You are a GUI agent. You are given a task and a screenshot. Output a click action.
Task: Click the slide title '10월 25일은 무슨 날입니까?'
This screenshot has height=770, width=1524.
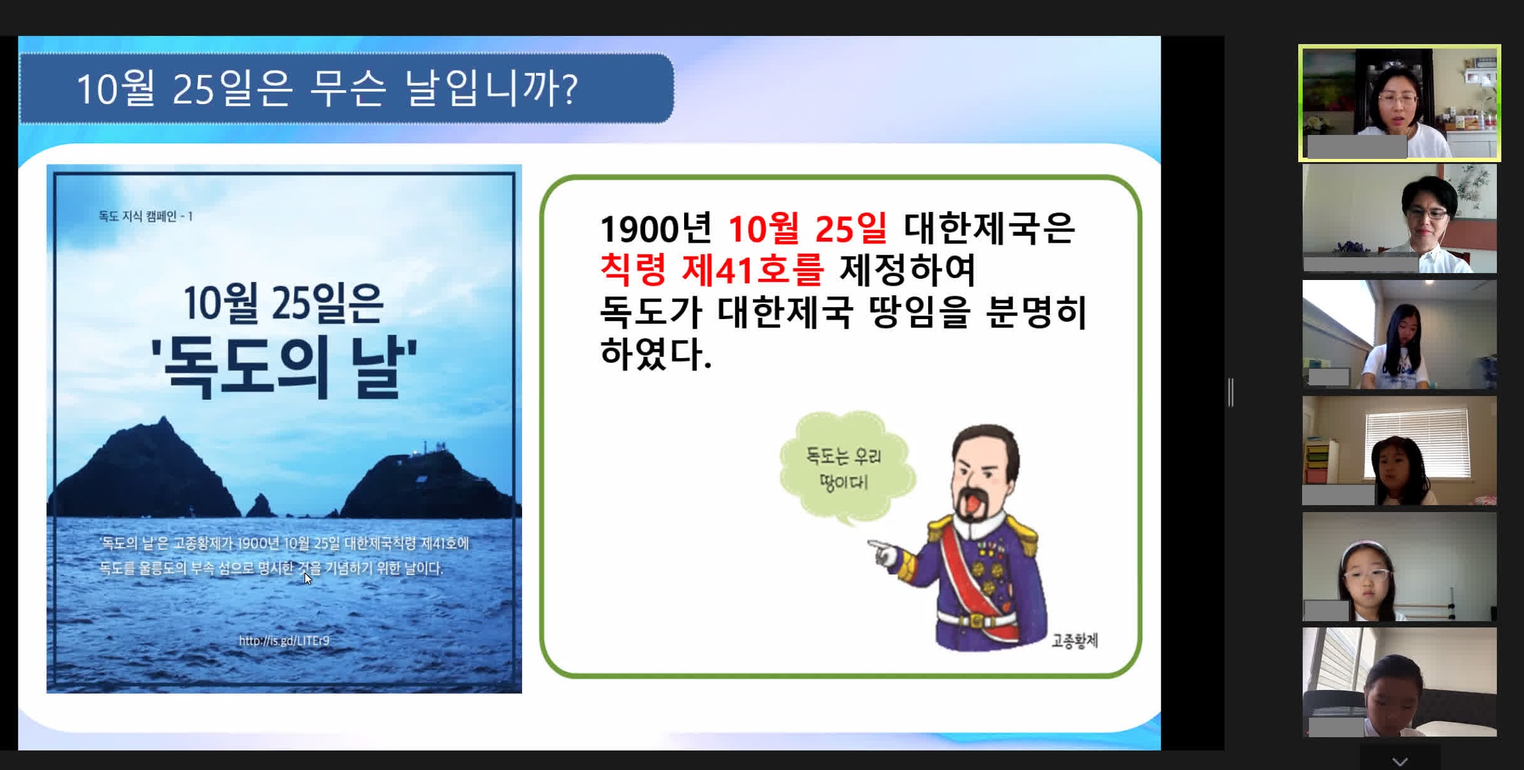coord(327,88)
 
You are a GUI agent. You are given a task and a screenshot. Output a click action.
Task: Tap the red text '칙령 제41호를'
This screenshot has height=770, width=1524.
coord(712,270)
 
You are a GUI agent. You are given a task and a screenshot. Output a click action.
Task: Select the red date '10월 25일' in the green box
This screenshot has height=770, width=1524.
coord(808,228)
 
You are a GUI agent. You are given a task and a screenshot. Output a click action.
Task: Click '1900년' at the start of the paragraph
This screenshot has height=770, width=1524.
coord(656,228)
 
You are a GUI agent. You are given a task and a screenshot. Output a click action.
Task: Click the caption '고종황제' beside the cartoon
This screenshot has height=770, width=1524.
coord(1075,641)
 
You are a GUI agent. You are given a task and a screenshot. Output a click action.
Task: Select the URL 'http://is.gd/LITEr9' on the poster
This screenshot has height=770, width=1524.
coord(284,641)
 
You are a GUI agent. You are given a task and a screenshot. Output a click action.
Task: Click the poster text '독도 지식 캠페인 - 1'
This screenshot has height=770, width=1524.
coord(146,216)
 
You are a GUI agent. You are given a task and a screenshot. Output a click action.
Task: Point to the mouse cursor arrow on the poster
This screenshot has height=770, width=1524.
coord(308,578)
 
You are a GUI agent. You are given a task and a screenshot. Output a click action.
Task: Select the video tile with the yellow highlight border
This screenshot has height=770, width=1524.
coord(1399,103)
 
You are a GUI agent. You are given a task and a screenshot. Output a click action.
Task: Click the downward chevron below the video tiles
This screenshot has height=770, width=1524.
coord(1400,761)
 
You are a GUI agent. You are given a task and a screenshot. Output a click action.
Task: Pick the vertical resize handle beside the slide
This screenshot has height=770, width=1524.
coord(1231,392)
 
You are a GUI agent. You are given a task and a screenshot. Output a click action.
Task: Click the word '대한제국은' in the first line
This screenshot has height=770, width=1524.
coord(989,228)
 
